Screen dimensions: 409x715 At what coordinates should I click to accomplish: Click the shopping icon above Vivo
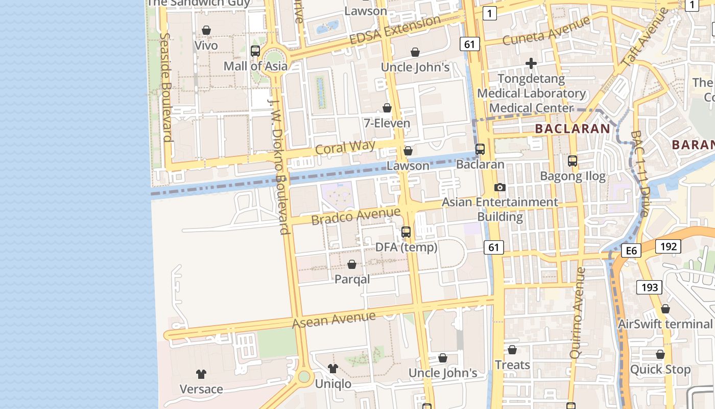(206, 31)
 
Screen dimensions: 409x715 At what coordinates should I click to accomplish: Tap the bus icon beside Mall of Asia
(255, 51)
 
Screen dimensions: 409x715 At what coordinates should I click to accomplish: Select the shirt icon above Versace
(201, 374)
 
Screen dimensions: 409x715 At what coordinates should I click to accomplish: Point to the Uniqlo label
(333, 384)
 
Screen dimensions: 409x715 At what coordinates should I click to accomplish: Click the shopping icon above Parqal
(352, 264)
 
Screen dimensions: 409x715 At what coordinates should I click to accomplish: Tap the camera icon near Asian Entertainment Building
(500, 188)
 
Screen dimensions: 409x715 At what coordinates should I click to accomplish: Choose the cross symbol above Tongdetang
(531, 63)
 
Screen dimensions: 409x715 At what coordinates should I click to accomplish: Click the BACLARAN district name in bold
(573, 129)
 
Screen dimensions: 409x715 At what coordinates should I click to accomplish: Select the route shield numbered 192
(668, 246)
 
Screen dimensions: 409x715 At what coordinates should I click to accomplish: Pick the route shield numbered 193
(650, 287)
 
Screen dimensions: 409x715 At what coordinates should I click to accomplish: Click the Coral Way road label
(345, 148)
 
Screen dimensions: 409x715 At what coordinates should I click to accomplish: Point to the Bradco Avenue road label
(356, 216)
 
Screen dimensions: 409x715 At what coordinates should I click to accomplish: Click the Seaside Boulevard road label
(165, 87)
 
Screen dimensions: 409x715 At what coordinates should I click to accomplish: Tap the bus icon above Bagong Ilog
(573, 161)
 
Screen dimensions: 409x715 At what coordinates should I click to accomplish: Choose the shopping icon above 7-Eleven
(387, 108)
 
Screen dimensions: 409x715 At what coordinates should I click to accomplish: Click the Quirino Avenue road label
(577, 312)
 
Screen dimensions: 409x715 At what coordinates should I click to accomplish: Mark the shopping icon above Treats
(512, 350)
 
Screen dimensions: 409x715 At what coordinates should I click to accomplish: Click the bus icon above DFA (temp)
(406, 232)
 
